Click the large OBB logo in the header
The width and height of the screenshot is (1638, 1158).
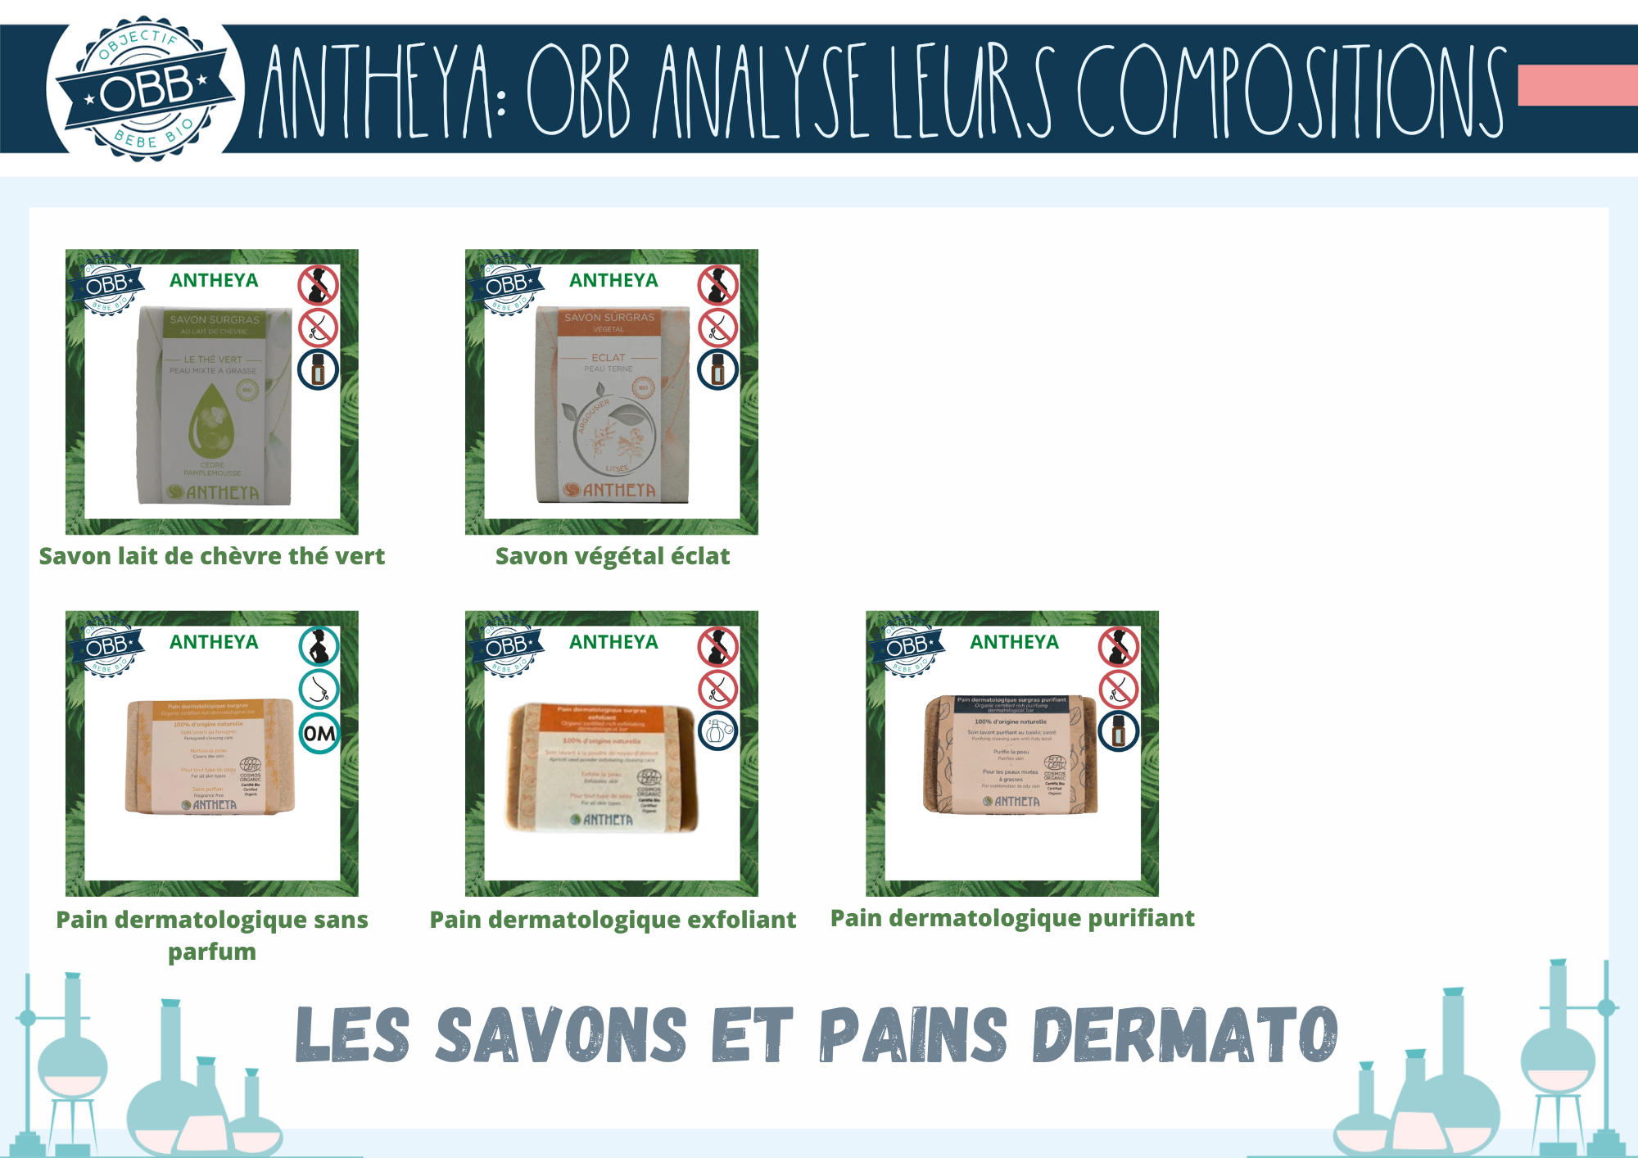(146, 88)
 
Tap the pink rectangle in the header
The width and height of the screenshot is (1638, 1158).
(1577, 86)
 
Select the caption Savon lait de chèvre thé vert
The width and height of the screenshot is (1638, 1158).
(211, 556)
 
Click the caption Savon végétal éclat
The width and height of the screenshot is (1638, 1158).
(612, 556)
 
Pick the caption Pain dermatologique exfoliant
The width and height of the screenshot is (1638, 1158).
(612, 920)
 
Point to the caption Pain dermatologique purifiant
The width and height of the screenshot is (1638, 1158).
(1012, 918)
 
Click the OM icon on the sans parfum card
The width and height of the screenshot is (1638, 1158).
(319, 733)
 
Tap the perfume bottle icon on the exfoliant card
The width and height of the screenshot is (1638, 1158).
(717, 731)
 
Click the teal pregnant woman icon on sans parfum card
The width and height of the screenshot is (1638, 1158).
(319, 647)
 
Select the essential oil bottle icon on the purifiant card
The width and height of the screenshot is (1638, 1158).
(1119, 731)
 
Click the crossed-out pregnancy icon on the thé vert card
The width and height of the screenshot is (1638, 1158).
(318, 285)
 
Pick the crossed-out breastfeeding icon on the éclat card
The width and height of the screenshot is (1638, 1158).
(717, 328)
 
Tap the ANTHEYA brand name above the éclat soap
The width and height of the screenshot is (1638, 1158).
(613, 280)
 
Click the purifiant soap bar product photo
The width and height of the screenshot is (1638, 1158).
(1012, 753)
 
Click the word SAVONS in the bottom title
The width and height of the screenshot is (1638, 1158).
(561, 1035)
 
